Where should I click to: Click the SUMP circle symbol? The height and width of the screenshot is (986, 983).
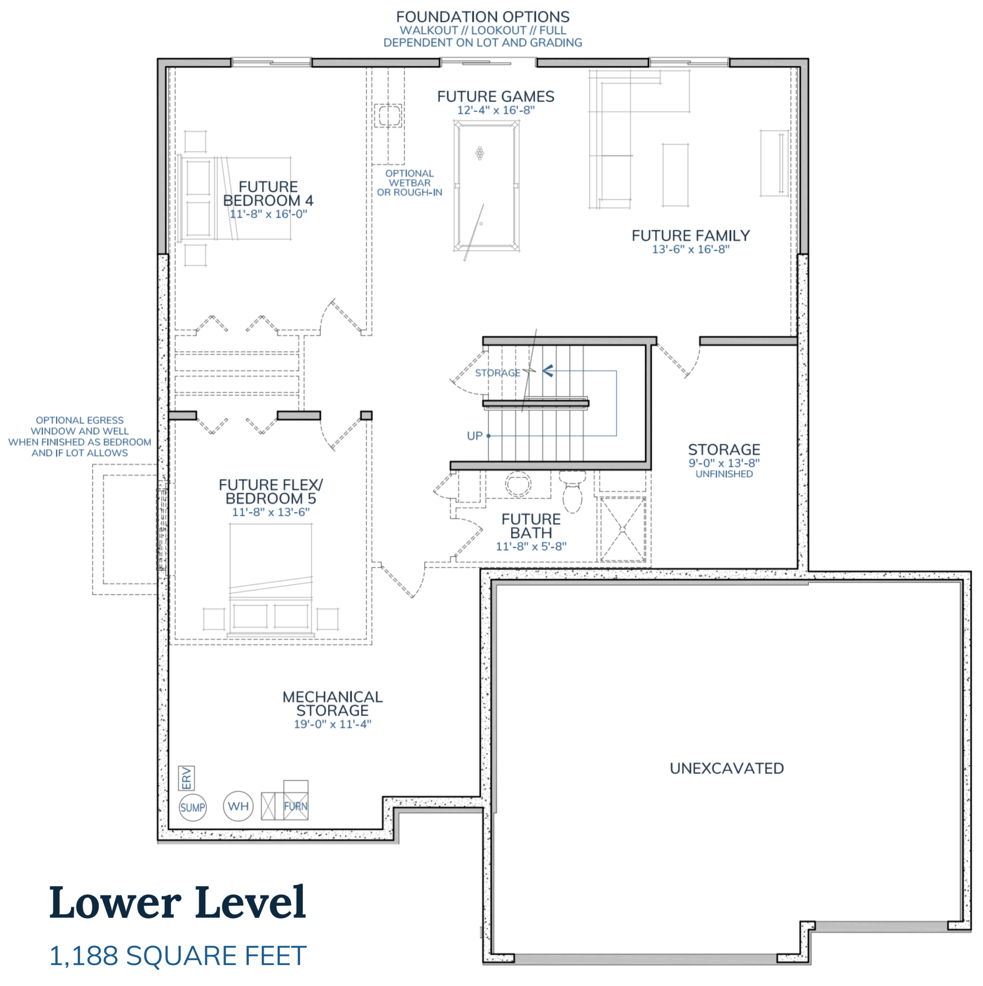[192, 807]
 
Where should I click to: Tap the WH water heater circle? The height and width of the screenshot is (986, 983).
[238, 806]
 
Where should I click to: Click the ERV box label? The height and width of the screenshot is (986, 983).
[186, 778]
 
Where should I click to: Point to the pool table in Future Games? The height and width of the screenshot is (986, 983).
[486, 186]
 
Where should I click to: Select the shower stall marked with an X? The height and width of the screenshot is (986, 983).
[622, 529]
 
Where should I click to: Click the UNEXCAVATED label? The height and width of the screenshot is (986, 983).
[726, 768]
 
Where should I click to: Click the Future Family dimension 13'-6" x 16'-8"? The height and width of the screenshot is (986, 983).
[691, 249]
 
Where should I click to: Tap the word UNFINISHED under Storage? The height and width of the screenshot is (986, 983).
[724, 474]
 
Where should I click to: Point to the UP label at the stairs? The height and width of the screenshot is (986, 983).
[474, 436]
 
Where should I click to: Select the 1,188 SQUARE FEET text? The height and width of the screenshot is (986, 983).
[178, 956]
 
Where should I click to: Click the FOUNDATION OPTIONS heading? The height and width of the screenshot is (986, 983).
[482, 18]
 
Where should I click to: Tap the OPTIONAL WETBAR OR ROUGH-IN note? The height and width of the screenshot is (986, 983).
[410, 183]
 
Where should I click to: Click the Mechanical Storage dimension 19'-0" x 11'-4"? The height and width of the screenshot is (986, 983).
[332, 724]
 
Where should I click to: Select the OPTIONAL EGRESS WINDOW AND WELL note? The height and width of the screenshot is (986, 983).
[80, 436]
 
